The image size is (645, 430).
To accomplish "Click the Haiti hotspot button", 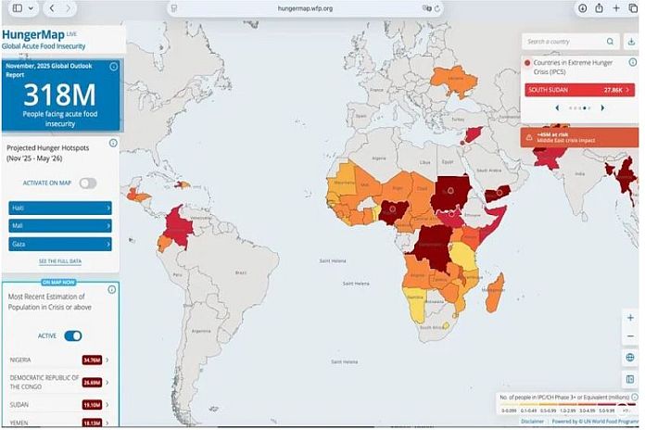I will click(x=60, y=208).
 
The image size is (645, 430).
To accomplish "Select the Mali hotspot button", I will click(x=60, y=225).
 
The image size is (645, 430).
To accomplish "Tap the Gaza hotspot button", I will click(x=60, y=244).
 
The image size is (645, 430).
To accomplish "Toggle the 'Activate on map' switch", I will click(x=87, y=183).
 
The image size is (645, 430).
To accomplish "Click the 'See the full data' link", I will click(x=59, y=261).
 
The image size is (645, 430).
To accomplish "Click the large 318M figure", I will click(x=59, y=95).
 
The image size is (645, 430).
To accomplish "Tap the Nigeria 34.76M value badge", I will click(x=92, y=360).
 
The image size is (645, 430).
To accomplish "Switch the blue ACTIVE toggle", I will click(x=72, y=335).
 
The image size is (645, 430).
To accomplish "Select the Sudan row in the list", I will click(x=56, y=404).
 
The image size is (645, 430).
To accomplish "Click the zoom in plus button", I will click(x=630, y=318).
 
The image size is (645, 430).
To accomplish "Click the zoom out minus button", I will click(x=630, y=336).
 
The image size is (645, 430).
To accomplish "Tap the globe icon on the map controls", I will click(x=630, y=357).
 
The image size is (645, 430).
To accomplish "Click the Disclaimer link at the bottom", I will click(x=532, y=421).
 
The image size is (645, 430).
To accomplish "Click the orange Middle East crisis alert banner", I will click(x=579, y=137).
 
